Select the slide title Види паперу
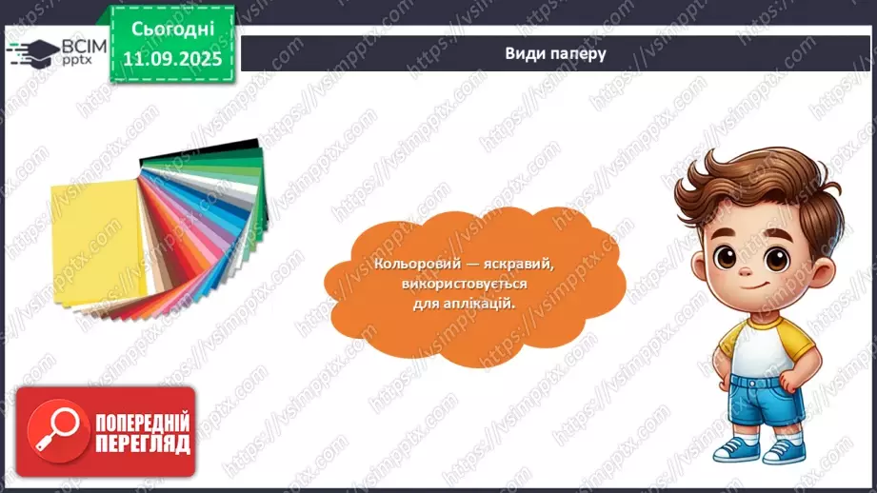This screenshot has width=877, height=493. tap(555, 53)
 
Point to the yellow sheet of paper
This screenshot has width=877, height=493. tap(95, 238)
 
